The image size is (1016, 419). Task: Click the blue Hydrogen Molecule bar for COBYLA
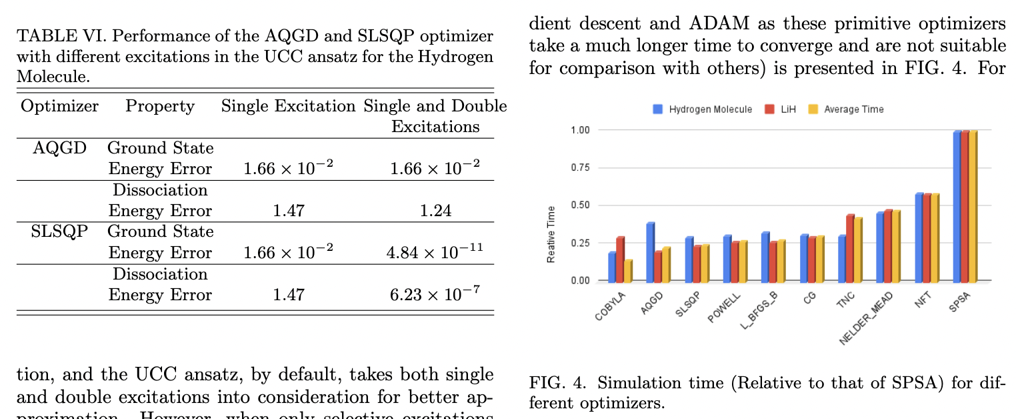coord(611,267)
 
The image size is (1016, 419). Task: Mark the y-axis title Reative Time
coord(551,234)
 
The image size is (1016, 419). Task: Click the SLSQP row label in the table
coord(59,232)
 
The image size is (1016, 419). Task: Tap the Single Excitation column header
coord(288,106)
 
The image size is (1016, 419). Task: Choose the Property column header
coord(160,106)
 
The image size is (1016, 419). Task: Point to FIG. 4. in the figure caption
coord(557,383)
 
